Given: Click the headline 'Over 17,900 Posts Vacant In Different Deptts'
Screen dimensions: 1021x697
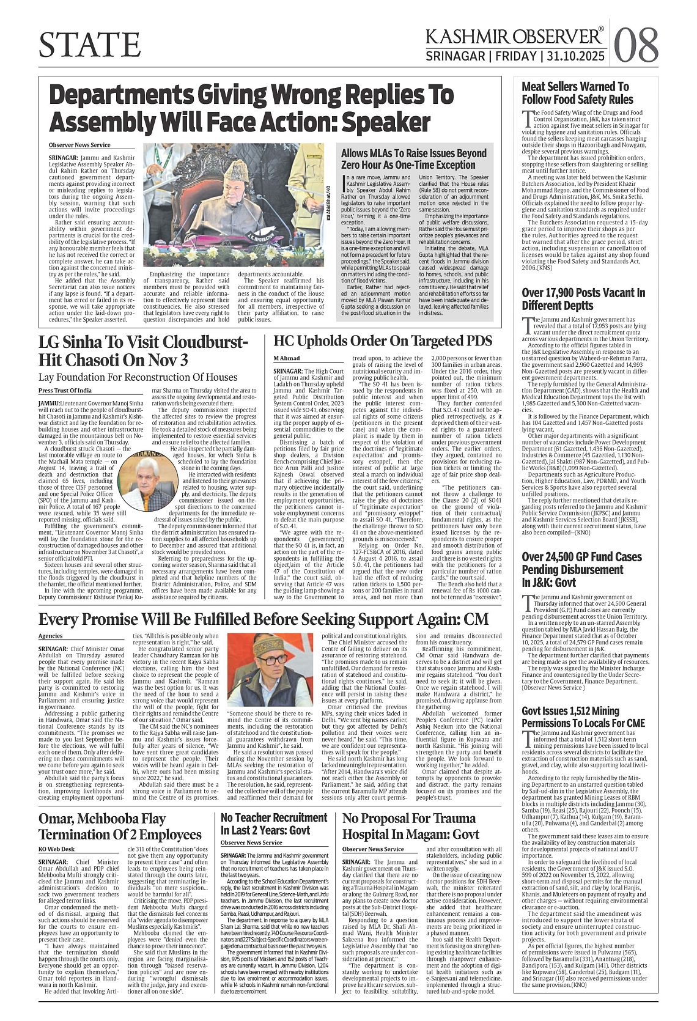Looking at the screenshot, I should (583, 299).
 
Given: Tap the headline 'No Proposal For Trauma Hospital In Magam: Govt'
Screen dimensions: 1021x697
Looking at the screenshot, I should (402, 826).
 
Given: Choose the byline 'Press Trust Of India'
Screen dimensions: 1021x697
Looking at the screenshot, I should (65, 390).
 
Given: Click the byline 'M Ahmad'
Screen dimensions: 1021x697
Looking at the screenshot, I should (286, 358).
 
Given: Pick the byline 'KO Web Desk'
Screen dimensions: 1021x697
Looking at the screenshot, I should (56, 849).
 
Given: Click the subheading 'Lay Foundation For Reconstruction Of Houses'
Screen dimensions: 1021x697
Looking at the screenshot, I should (138, 377).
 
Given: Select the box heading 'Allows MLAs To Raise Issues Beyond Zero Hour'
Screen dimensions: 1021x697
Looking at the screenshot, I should (414, 159).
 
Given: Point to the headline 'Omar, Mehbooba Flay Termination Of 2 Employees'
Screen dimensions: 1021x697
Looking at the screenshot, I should (120, 827).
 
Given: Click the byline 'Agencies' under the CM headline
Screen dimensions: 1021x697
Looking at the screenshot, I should (50, 636).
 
